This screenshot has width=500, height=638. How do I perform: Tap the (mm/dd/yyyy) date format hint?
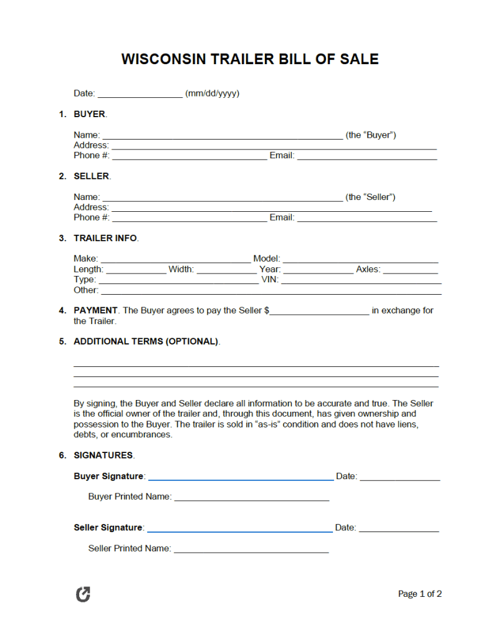212,93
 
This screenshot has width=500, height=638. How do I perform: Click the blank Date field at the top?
140,94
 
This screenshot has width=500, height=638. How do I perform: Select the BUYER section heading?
90,114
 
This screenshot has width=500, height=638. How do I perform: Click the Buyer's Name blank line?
222,136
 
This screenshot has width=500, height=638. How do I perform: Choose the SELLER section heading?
91,176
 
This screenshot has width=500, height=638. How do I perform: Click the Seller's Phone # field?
189,218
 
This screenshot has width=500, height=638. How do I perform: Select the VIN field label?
269,280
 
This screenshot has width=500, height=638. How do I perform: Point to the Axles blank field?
410,270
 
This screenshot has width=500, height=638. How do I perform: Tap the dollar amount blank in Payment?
320,312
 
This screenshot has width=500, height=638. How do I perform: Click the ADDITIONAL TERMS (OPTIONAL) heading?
146,341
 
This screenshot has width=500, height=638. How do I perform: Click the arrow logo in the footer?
83,594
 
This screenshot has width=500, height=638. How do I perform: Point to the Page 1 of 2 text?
420,594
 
